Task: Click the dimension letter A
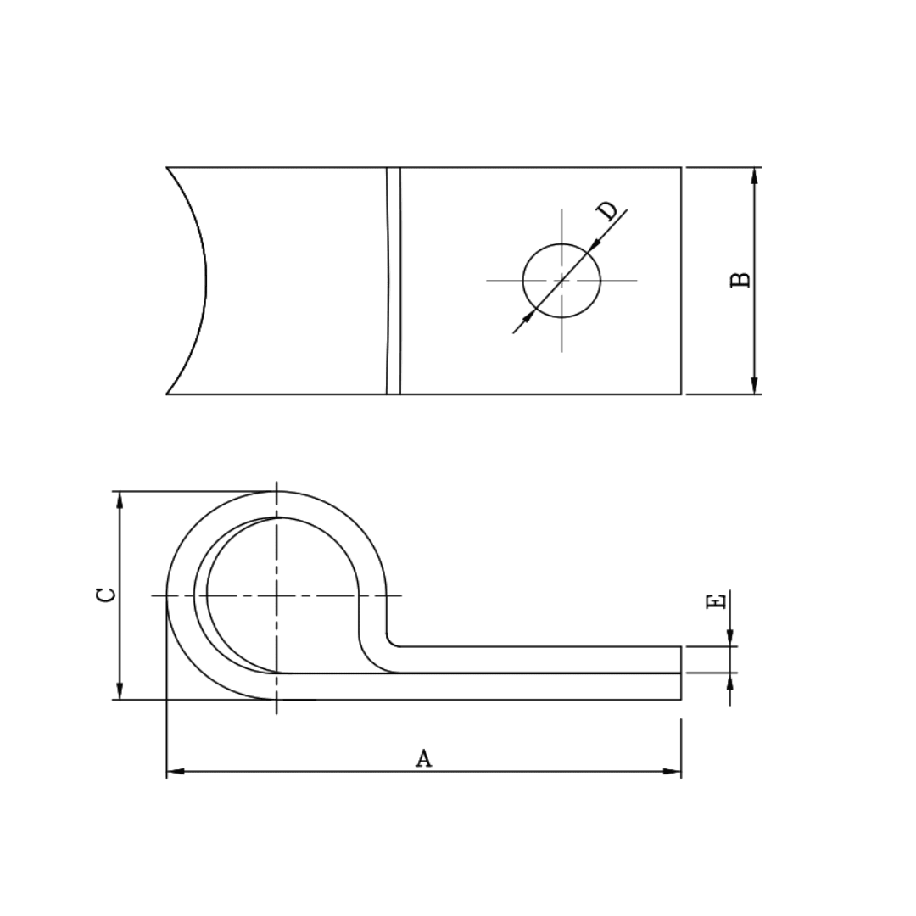tap(423, 757)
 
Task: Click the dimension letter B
tap(740, 280)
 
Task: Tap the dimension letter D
tap(607, 211)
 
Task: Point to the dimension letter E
tap(716, 601)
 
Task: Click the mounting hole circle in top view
tap(561, 280)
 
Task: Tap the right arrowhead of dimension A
tap(672, 771)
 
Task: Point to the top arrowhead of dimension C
tap(120, 500)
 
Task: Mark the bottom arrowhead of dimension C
tap(120, 690)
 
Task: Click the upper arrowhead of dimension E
tap(729, 637)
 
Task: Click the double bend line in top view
tap(393, 280)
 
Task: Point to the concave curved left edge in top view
tap(202, 280)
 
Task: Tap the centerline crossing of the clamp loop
tap(276, 595)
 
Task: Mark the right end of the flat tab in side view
tap(680, 673)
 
